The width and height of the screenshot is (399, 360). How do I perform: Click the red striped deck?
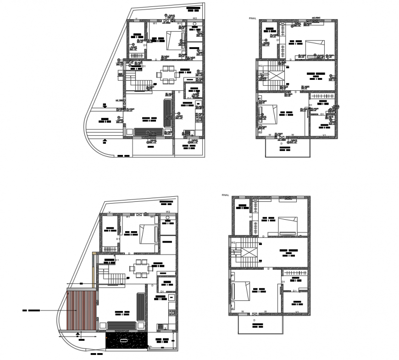[x=81, y=310]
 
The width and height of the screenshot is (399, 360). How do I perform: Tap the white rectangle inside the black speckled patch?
[x=124, y=341]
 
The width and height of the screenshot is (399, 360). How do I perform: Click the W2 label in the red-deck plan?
[x=168, y=212]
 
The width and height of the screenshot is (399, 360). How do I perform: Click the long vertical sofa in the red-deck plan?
[x=141, y=307]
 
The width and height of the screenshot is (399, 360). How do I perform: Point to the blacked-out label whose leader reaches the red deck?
[x=31, y=311]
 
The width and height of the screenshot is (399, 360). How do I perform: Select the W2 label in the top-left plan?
[x=194, y=18]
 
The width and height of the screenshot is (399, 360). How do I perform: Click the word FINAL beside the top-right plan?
[x=252, y=18]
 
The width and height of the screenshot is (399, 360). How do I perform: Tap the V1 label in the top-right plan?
[x=324, y=135]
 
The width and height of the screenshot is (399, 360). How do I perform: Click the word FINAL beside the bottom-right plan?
[x=225, y=195]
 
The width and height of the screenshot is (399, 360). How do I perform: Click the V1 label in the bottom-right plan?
[x=297, y=312]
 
